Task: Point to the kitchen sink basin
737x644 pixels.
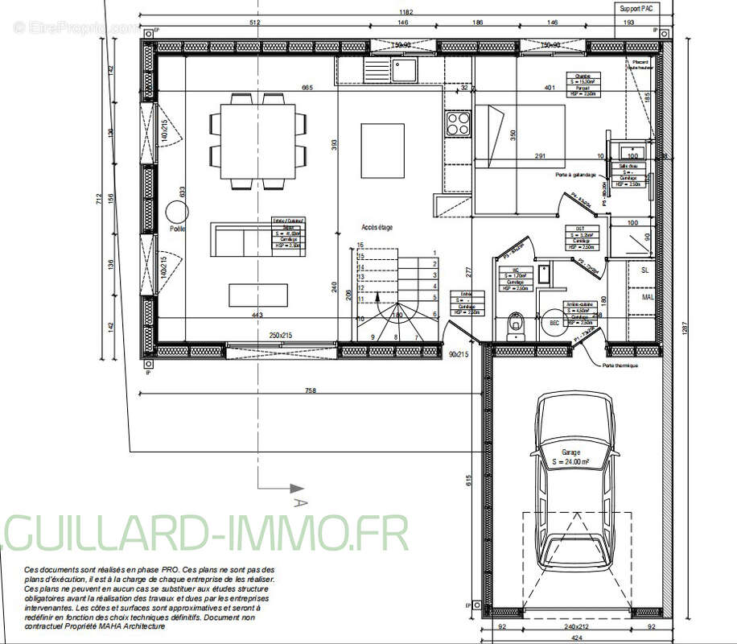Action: (402, 68)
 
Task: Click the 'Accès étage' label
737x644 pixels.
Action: (377, 228)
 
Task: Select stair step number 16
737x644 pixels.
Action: (361, 244)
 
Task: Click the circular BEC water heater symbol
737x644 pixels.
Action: (552, 321)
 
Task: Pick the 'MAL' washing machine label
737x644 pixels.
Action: (647, 298)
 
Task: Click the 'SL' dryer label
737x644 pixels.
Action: (644, 271)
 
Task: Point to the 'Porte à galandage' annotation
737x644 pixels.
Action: (576, 175)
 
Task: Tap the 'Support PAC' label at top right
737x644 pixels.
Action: (636, 8)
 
